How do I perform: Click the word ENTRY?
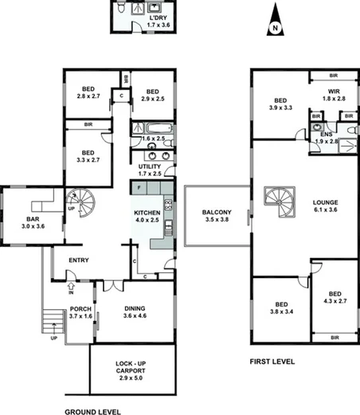(78, 260)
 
